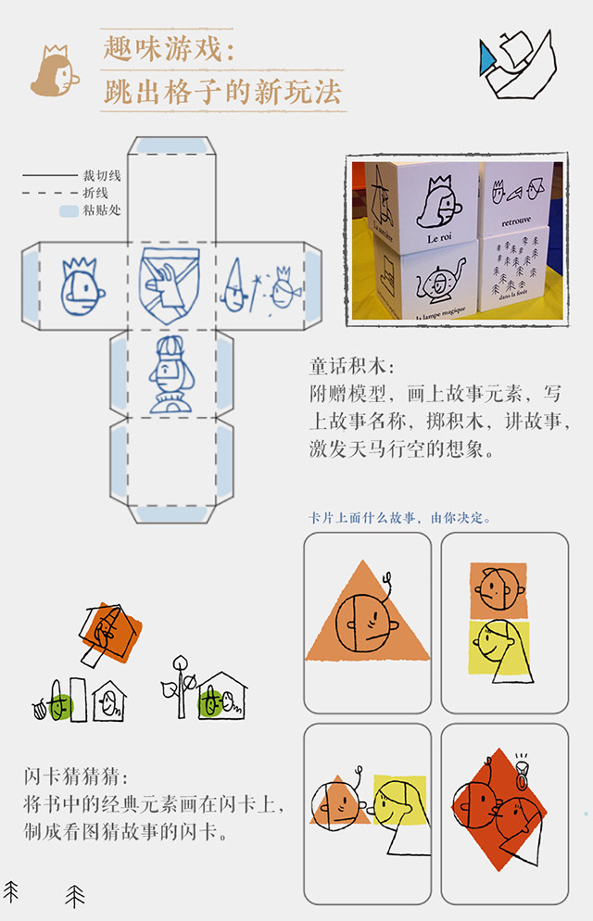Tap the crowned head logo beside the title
55,72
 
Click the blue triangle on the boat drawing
487,60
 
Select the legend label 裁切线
102,175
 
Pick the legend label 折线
95,193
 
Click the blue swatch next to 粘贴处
68,211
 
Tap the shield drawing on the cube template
168,285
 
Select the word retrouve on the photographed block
518,222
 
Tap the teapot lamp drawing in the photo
436,282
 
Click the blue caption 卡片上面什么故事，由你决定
400,518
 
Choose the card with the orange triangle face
368,623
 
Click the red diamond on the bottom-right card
500,815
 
